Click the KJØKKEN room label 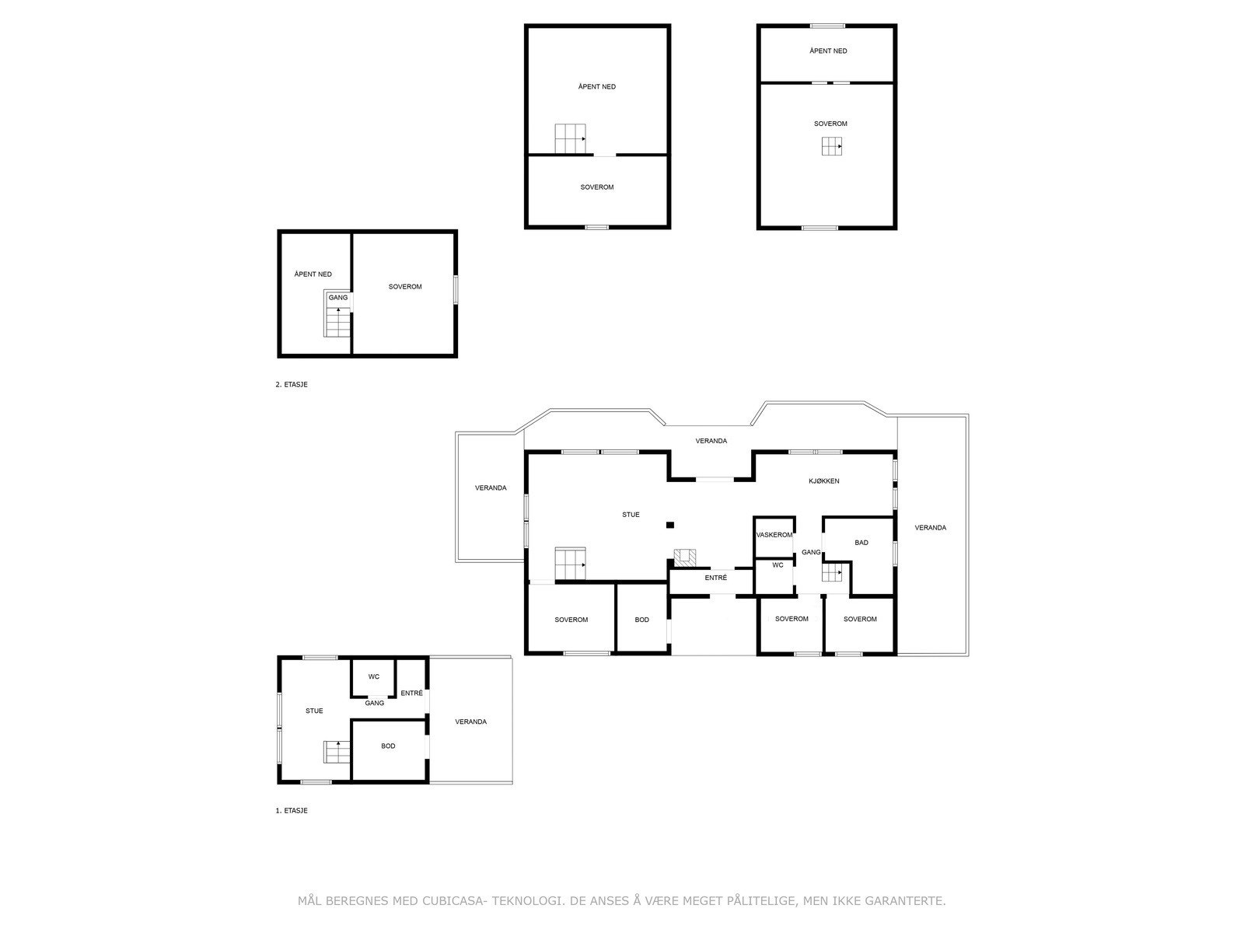point(823,481)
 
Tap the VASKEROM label point(774,535)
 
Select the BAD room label point(861,543)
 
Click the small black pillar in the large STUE point(669,525)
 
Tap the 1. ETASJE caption point(292,810)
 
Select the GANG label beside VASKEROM point(811,552)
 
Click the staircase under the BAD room point(832,574)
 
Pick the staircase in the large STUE point(570,564)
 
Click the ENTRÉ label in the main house point(715,578)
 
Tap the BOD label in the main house point(641,620)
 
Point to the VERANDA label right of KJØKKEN point(930,528)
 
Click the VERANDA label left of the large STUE point(491,488)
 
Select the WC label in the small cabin point(373,676)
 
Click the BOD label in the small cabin point(388,746)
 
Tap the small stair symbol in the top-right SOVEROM point(831,146)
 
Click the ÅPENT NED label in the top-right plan point(828,51)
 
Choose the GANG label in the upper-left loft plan point(338,298)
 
